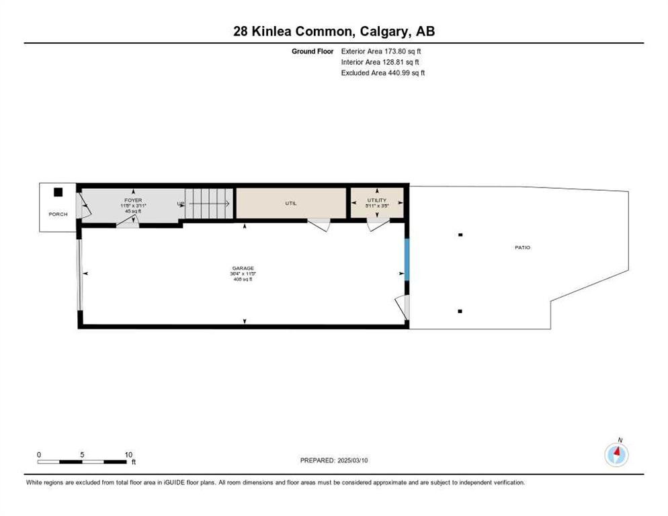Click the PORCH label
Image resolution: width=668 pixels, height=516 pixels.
[x=58, y=214]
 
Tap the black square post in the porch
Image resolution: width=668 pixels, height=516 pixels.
[x=58, y=192]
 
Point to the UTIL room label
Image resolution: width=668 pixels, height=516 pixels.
[x=290, y=203]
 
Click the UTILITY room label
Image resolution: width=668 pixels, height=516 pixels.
[x=376, y=200]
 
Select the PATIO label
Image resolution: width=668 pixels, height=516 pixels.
[x=522, y=248]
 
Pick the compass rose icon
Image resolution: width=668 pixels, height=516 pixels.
[x=616, y=454]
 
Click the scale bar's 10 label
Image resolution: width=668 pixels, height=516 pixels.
[x=128, y=454]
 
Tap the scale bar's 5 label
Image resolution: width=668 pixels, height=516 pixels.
[x=82, y=454]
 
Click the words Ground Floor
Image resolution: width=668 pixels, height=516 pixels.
[x=312, y=51]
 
